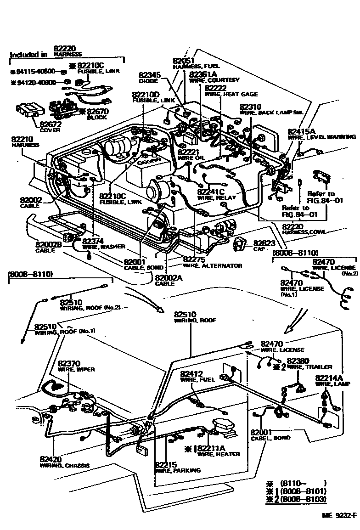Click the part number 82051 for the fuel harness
pos(184,61)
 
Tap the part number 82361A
pos(203,74)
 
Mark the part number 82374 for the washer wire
pos(94,241)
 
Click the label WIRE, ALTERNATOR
pos(212,265)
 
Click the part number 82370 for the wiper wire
pos(69,363)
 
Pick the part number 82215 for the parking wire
pos(165,464)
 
